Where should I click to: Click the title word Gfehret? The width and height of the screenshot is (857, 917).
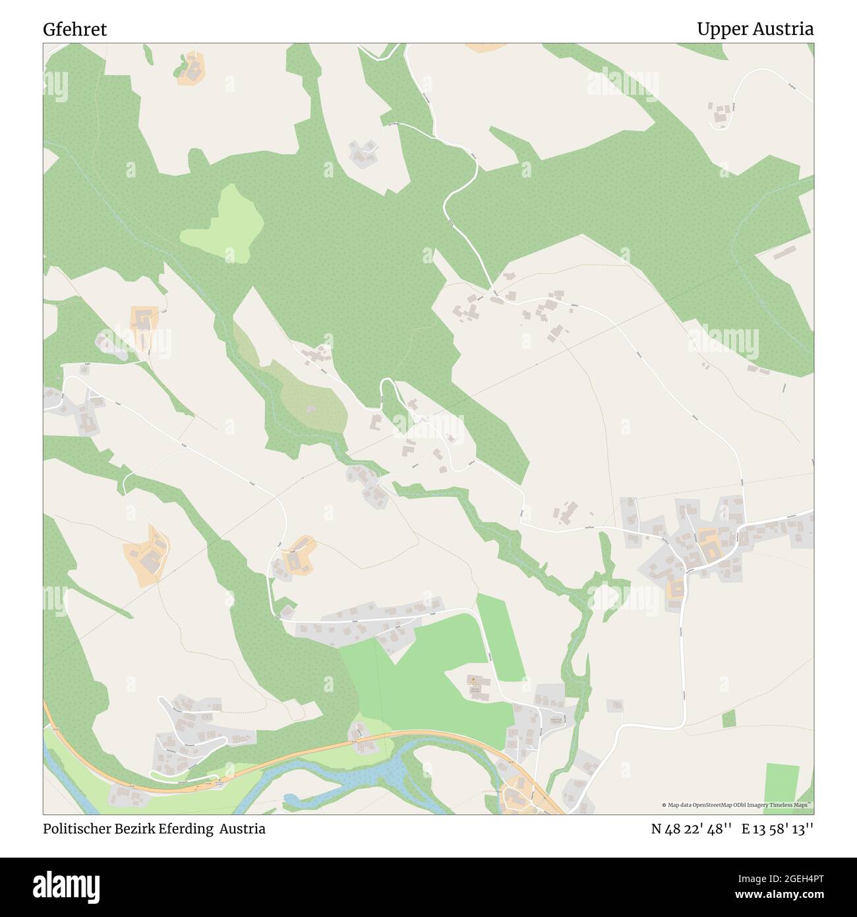click(75, 30)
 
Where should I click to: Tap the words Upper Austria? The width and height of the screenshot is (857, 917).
click(755, 30)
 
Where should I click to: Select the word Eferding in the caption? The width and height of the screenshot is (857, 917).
click(187, 829)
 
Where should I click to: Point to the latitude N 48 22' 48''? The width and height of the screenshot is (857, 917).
click(692, 829)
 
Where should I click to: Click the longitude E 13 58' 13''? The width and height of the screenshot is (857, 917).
click(777, 829)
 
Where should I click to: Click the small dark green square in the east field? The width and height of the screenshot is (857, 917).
click(728, 718)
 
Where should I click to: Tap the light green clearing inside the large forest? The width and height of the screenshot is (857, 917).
click(221, 224)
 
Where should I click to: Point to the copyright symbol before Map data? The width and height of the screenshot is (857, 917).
click(665, 805)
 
